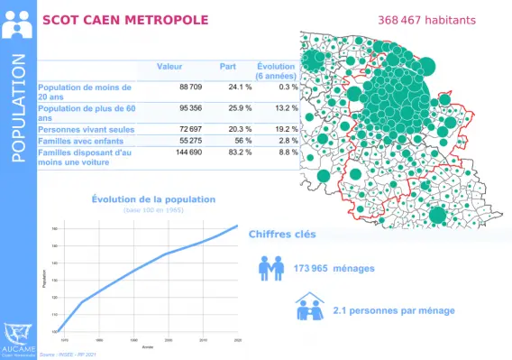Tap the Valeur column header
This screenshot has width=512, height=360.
click(x=169, y=67)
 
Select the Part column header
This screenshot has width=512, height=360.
click(x=227, y=67)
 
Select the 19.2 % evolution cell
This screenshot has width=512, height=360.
click(x=283, y=130)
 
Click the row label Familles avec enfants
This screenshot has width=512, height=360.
click(x=81, y=142)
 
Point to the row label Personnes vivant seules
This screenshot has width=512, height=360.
click(x=86, y=130)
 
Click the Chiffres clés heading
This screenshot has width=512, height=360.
click(x=282, y=234)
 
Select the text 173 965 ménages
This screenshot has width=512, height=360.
click(x=334, y=268)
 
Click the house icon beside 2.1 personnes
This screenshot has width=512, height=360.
click(x=309, y=309)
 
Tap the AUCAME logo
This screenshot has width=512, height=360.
click(x=18, y=337)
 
